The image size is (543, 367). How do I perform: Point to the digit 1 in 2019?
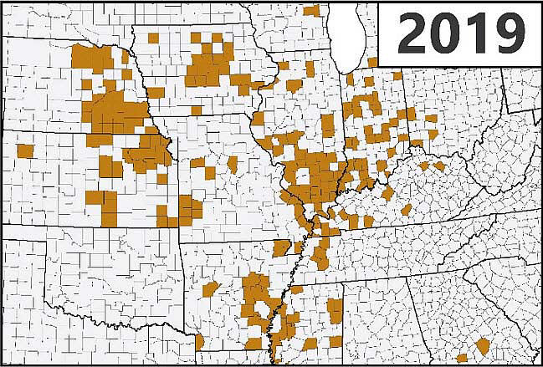(476, 33)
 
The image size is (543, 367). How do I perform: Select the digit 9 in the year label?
(506, 33)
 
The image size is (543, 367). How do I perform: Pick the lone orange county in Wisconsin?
(311, 10)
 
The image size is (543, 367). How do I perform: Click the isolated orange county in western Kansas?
(24, 151)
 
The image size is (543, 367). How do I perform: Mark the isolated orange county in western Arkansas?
(210, 289)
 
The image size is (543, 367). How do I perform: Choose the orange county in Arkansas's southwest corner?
(200, 342)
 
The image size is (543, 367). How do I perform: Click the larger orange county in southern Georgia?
(483, 345)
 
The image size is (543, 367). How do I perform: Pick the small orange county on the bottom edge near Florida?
(461, 358)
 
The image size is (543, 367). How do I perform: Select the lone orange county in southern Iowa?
(196, 110)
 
